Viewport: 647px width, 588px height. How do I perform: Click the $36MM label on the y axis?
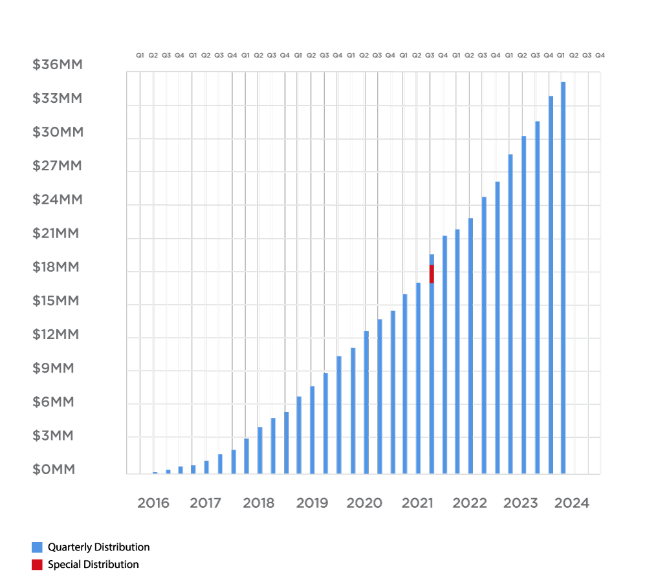[58, 65]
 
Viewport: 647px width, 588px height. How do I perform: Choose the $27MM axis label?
[58, 166]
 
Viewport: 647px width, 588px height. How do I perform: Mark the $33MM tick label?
[58, 98]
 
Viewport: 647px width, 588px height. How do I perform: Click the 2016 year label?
[153, 503]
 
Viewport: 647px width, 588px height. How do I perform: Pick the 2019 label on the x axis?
[312, 503]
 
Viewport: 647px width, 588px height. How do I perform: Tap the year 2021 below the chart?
[417, 503]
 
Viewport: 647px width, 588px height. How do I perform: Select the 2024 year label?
[573, 503]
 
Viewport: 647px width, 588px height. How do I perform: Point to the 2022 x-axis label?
[470, 503]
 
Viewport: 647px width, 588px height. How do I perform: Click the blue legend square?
[38, 547]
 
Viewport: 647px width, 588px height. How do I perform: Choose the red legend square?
[38, 565]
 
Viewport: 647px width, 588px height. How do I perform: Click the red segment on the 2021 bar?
[432, 274]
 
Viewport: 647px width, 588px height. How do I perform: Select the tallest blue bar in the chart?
[564, 278]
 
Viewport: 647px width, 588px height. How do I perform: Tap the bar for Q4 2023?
[551, 285]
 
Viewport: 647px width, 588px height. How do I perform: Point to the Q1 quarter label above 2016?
[140, 55]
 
